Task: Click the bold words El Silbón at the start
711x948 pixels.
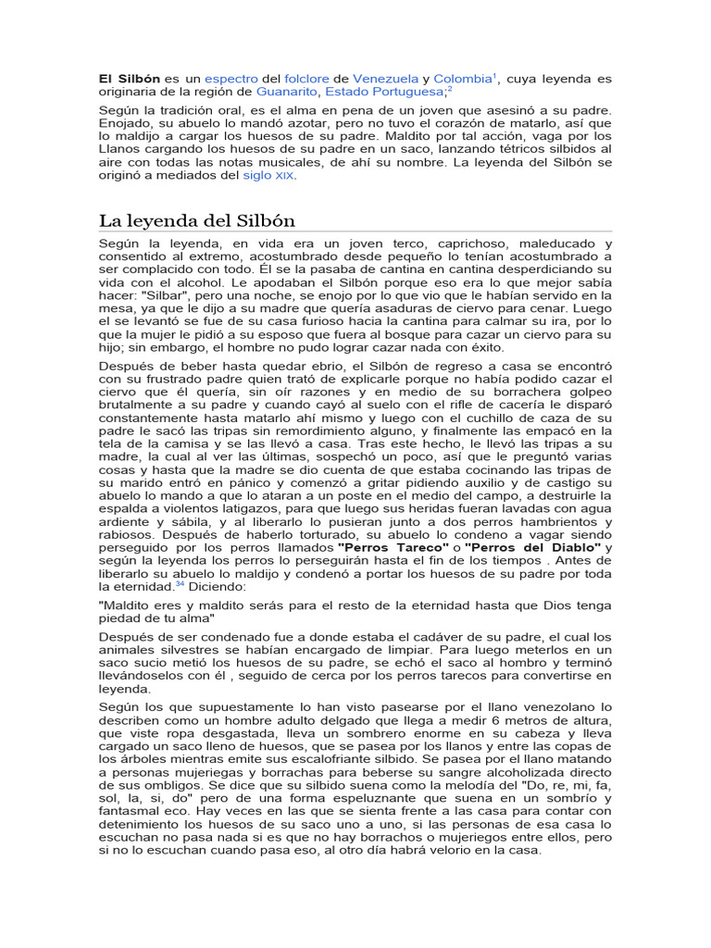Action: click(131, 79)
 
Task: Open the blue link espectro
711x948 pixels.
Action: click(231, 79)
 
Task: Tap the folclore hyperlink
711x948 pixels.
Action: click(307, 79)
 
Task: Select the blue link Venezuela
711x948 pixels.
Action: click(386, 79)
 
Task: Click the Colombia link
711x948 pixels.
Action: click(462, 79)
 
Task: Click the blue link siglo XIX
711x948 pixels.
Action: click(269, 175)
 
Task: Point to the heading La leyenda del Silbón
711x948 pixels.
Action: click(197, 220)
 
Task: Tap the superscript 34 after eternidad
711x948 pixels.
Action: click(181, 584)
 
